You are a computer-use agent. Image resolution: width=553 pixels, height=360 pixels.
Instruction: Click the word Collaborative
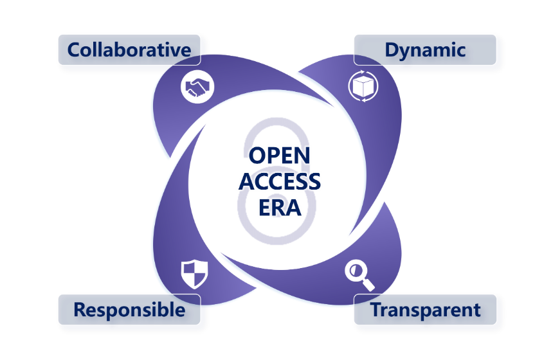coord(129,50)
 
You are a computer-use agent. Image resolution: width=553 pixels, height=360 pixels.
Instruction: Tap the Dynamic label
coord(425,50)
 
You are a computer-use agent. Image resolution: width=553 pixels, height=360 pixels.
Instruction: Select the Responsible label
coord(129,310)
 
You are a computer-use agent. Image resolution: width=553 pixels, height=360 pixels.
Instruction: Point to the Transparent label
coord(425,310)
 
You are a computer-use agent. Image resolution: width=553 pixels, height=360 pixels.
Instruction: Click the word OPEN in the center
coord(279,156)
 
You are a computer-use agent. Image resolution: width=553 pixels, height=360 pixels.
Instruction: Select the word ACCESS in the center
coord(279,181)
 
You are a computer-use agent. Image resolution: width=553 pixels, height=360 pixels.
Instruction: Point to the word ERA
coord(279,207)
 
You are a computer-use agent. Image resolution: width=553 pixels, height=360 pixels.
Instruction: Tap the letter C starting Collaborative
coord(75,50)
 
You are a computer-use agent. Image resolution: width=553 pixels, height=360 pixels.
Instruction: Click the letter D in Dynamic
coord(392,50)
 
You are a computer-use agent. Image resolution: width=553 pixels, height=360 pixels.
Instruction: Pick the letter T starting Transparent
coord(376,310)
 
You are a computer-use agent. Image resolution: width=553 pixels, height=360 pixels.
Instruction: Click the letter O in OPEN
coord(258,156)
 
